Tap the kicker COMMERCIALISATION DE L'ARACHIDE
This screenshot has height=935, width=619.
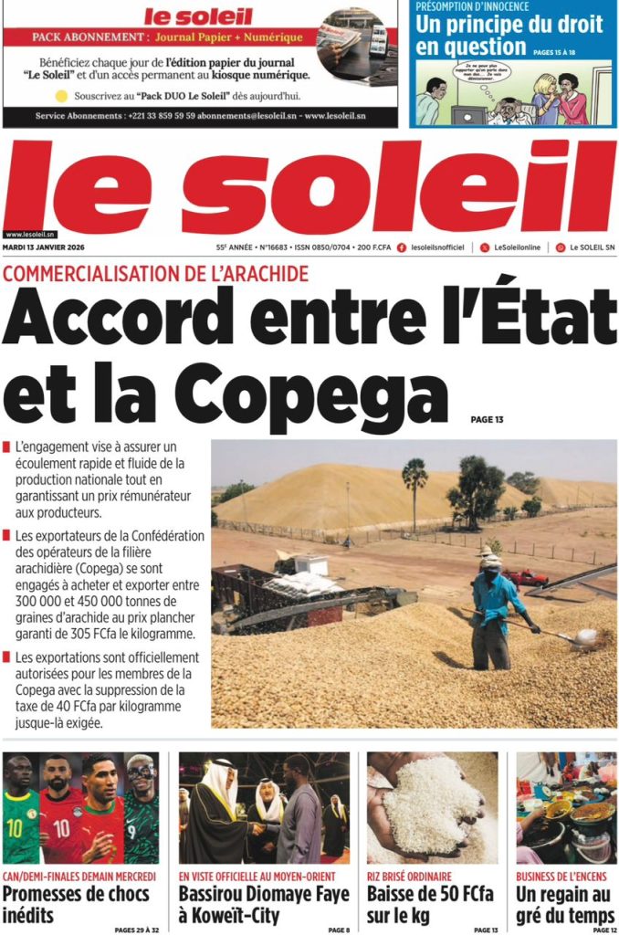click(x=156, y=273)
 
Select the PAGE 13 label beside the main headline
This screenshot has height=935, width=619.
click(x=487, y=420)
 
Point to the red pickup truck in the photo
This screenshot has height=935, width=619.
click(x=525, y=577)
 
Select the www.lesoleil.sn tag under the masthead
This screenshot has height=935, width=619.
click(x=29, y=234)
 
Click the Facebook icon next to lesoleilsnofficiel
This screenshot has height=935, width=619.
click(x=402, y=247)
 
